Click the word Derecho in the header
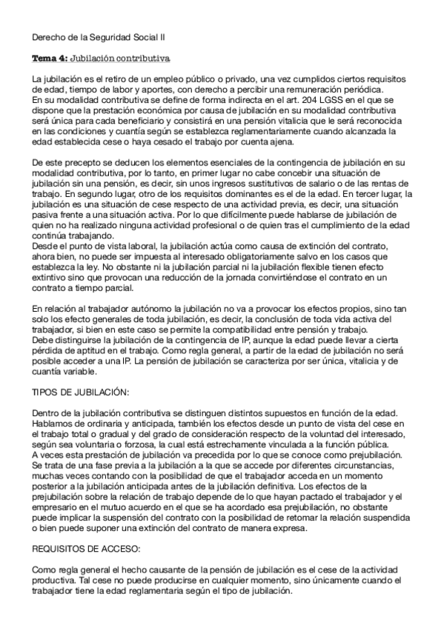pos(48,36)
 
